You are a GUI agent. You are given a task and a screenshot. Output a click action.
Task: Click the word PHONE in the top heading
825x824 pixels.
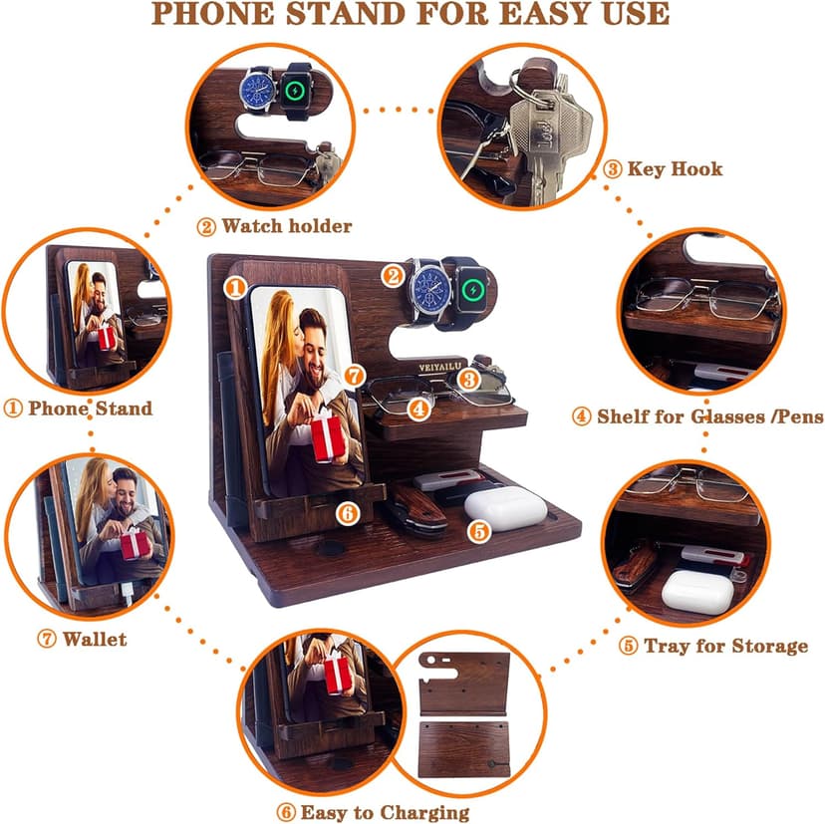(x=221, y=14)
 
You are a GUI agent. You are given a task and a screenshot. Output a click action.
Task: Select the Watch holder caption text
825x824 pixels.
(x=286, y=226)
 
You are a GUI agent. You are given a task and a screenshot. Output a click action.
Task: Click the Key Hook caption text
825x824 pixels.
(x=675, y=168)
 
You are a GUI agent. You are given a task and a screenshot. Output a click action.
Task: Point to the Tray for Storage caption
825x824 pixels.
(x=725, y=646)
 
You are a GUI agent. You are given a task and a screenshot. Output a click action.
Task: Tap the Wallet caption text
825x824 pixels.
(x=95, y=639)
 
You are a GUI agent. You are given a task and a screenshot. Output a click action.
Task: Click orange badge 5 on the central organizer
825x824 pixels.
(x=480, y=531)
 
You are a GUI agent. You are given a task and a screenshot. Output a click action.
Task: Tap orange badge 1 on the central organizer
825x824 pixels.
(x=235, y=288)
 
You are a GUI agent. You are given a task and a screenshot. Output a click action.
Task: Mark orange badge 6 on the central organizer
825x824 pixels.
(x=347, y=513)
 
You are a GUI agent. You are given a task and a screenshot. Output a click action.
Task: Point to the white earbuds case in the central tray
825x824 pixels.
(x=505, y=505)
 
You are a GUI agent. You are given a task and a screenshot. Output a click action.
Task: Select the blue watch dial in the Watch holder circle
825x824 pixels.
(x=258, y=92)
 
